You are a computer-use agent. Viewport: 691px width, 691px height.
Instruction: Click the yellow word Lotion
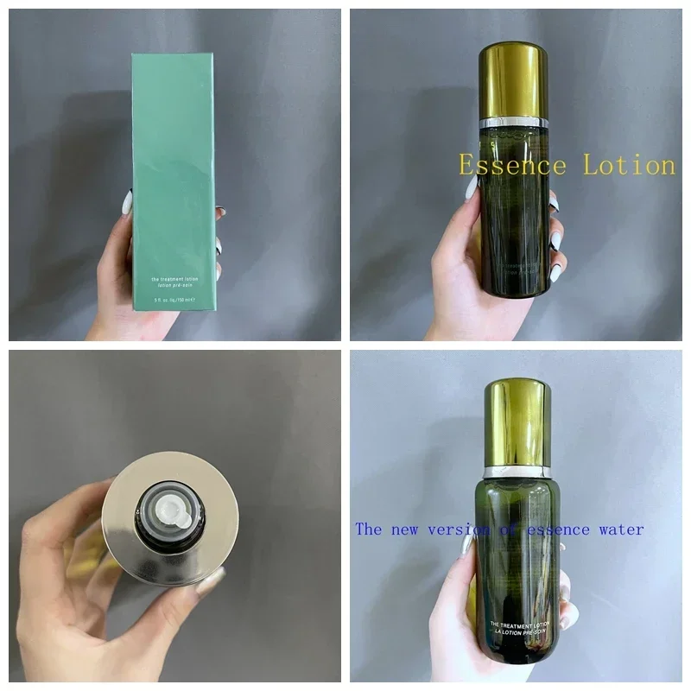coord(629,164)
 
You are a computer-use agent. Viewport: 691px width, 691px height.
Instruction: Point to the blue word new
coord(415,529)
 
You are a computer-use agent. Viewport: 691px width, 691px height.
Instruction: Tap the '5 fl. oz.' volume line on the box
coord(173,301)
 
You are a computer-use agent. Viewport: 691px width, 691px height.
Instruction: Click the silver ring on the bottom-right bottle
coord(517,472)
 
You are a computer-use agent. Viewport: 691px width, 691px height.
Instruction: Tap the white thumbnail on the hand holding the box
coord(127,202)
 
